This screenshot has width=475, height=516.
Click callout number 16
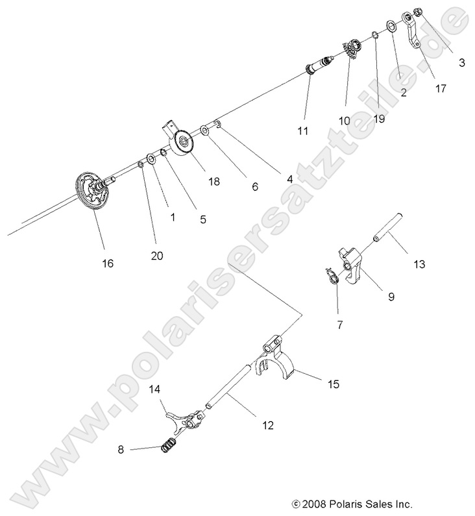[107, 263]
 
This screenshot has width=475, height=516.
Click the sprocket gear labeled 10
[351, 49]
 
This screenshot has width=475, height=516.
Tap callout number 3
[461, 63]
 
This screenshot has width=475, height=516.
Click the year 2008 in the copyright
[315, 503]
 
